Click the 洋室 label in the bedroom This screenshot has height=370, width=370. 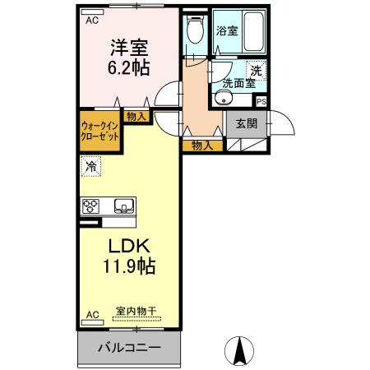pyautogui.click(x=131, y=48)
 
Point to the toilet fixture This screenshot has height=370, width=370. pyautogui.click(x=194, y=34)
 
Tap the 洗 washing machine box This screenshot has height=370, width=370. pyautogui.click(x=257, y=71)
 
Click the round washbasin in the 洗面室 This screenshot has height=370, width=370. pyautogui.click(x=221, y=100)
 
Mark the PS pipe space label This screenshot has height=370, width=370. pyautogui.click(x=261, y=101)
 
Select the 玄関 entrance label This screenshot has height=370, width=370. pyautogui.click(x=246, y=124)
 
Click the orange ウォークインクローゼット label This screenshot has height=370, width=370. pyautogui.click(x=99, y=132)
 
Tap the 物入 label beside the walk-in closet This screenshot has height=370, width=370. pyautogui.click(x=136, y=117)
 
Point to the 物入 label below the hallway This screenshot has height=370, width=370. pyautogui.click(x=203, y=146)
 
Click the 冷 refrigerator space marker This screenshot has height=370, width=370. pyautogui.click(x=90, y=166)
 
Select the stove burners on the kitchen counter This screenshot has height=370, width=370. pyautogui.click(x=90, y=206)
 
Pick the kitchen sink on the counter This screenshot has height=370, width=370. pyautogui.click(x=123, y=206)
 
